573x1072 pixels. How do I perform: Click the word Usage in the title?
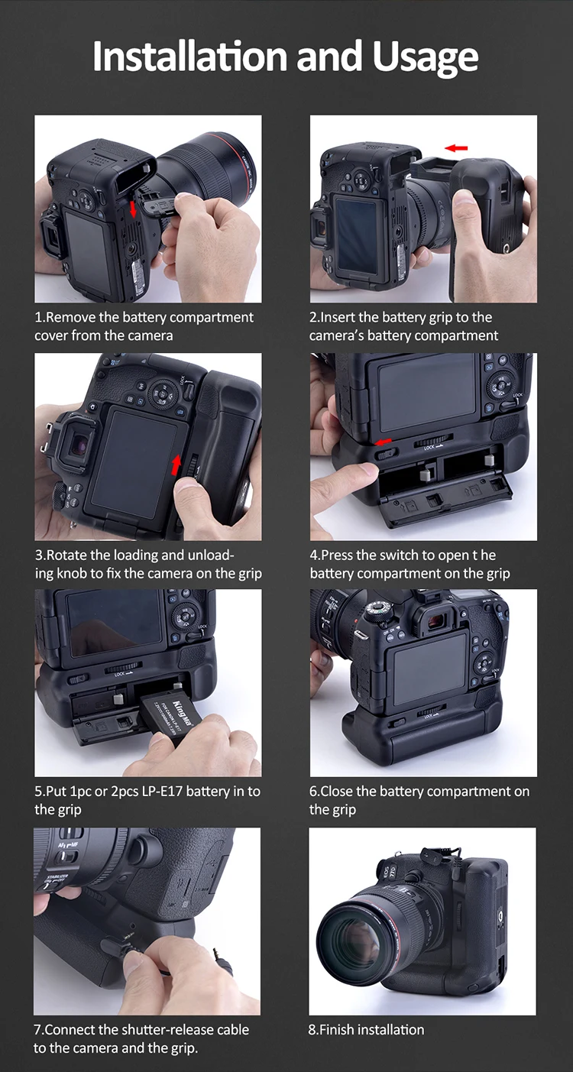click(425, 57)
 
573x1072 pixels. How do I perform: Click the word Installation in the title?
click(190, 56)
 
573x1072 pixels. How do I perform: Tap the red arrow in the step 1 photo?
click(133, 209)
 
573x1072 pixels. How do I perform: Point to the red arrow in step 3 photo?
click(176, 465)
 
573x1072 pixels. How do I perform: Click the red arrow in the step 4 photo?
click(384, 442)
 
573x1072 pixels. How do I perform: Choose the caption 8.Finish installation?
click(366, 1029)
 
